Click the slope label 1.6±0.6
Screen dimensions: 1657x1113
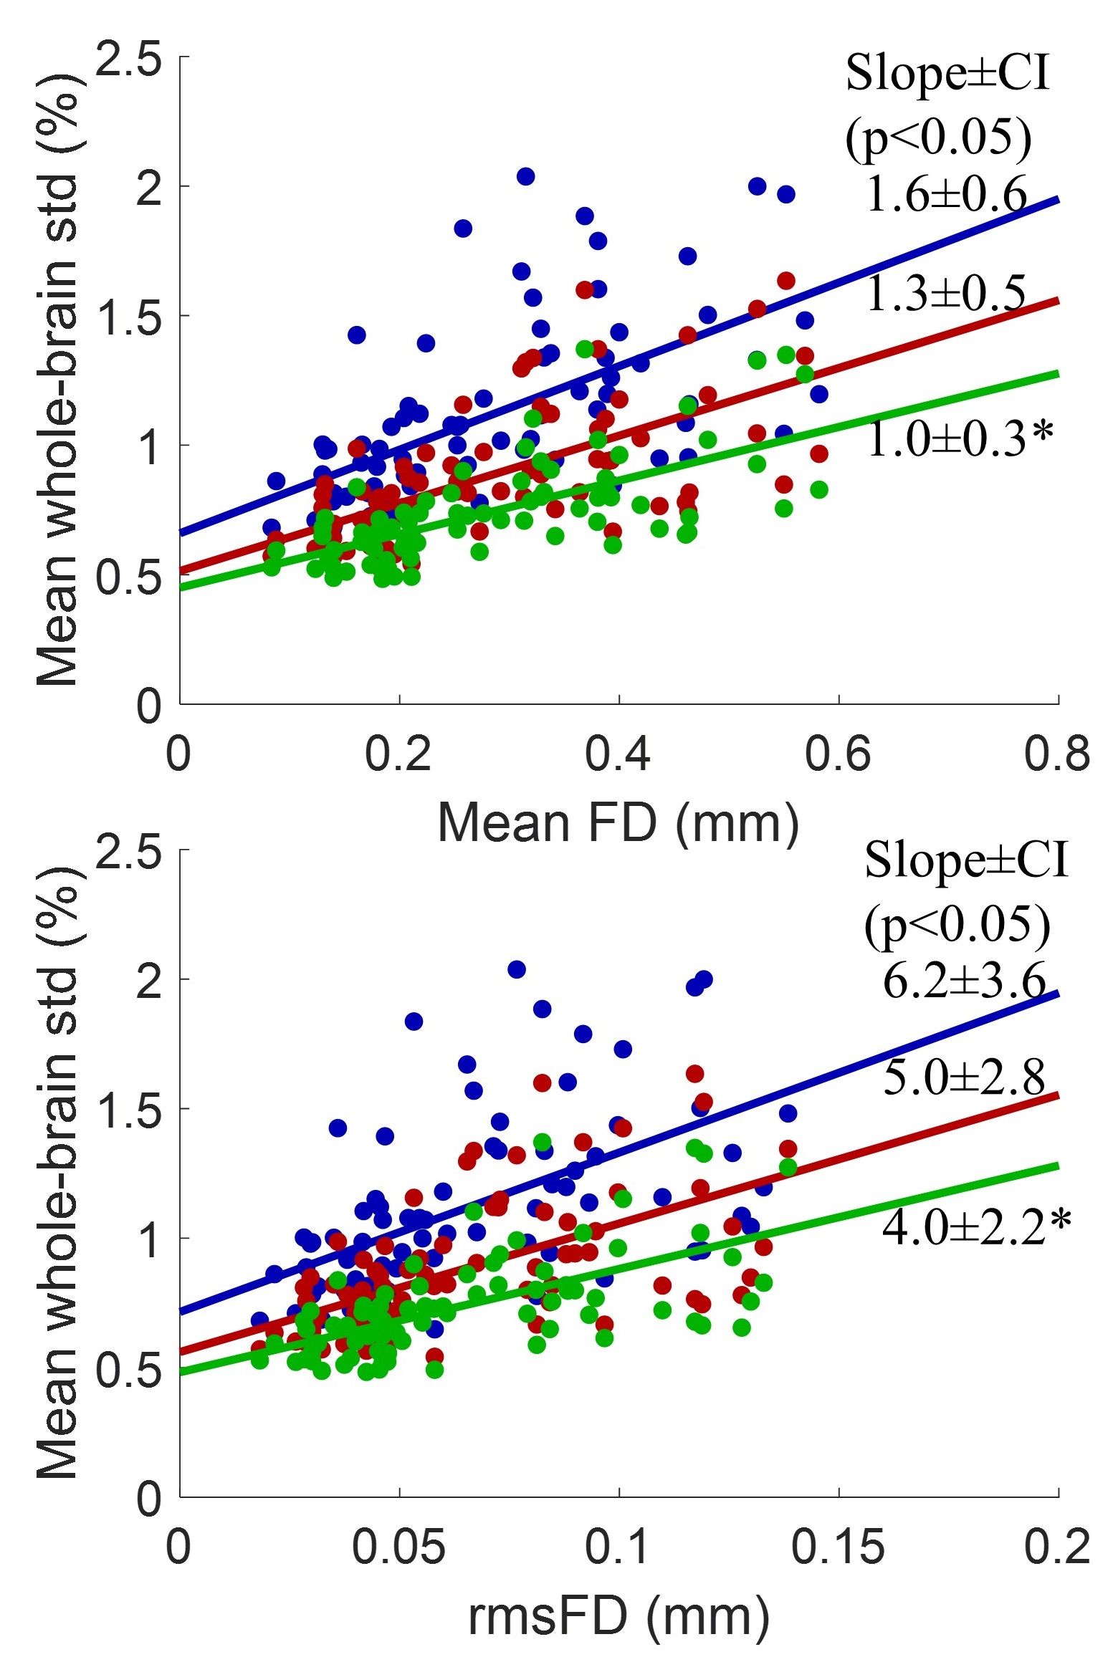pyautogui.click(x=946, y=194)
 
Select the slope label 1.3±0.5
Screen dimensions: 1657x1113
pyautogui.click(x=946, y=293)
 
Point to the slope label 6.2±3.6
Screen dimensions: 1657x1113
pyautogui.click(x=964, y=981)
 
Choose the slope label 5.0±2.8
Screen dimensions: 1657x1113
pyautogui.click(x=964, y=1077)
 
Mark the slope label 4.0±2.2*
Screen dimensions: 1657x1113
pyautogui.click(x=976, y=1226)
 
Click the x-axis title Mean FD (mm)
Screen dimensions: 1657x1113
pyautogui.click(x=618, y=823)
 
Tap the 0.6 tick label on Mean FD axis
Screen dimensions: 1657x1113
pyautogui.click(x=838, y=754)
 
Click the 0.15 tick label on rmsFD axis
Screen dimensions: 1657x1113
pyautogui.click(x=838, y=1547)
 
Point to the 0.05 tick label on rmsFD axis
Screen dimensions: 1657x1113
pyautogui.click(x=398, y=1547)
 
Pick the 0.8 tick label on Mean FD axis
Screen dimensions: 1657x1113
pyautogui.click(x=1057, y=754)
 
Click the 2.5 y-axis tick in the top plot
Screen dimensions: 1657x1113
pyautogui.click(x=129, y=59)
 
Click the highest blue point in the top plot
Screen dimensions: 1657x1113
pyautogui.click(x=526, y=176)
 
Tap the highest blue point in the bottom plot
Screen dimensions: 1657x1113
pyautogui.click(x=517, y=970)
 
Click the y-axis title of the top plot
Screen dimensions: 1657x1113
pyautogui.click(x=57, y=380)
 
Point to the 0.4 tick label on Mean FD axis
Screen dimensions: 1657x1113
pyautogui.click(x=618, y=754)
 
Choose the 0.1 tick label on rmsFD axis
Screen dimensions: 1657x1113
pyautogui.click(x=618, y=1547)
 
